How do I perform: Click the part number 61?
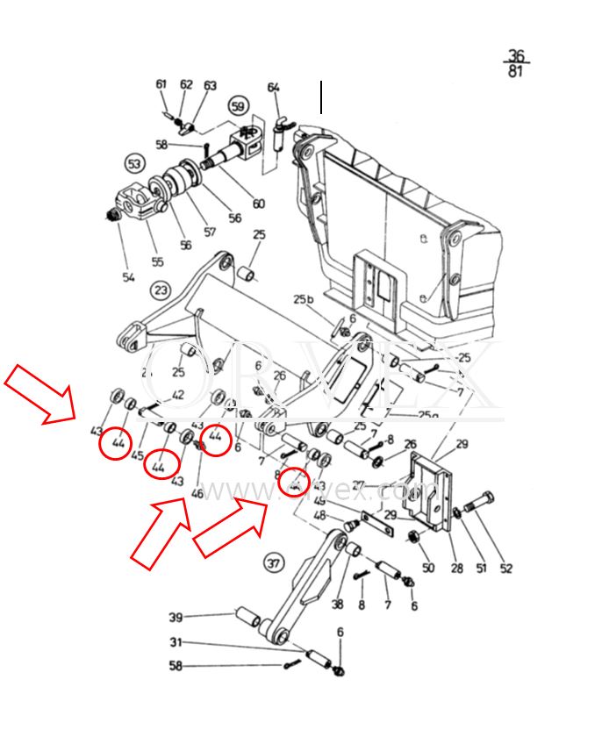(161, 84)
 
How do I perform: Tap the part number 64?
(274, 87)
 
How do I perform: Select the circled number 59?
(238, 107)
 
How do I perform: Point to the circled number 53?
(134, 164)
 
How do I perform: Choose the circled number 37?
(275, 562)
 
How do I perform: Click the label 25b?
(304, 300)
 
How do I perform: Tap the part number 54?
(129, 277)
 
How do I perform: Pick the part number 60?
(258, 204)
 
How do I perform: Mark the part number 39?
(176, 617)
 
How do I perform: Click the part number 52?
(505, 569)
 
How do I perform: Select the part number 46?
(197, 493)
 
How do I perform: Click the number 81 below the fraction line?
(515, 71)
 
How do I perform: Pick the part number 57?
(209, 233)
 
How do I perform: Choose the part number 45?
(138, 454)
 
